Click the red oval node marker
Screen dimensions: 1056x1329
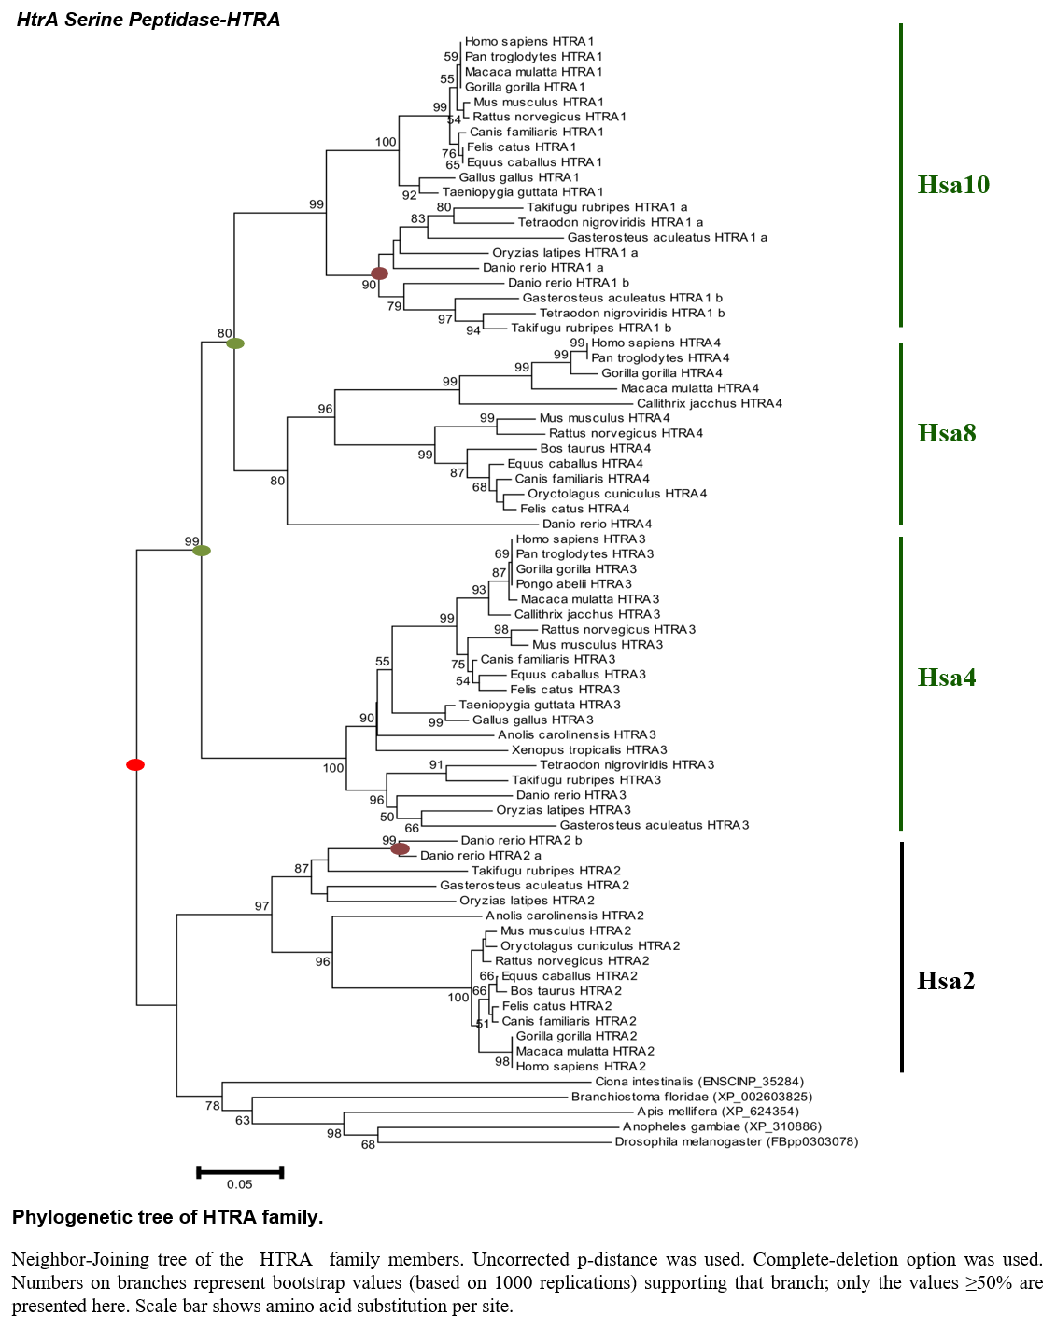click(135, 764)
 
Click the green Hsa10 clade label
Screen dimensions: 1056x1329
click(953, 185)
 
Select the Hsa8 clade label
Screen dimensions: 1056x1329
click(947, 433)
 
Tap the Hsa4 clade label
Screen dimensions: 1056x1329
click(947, 678)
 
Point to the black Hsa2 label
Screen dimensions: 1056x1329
click(946, 981)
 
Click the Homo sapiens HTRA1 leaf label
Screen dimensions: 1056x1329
click(528, 41)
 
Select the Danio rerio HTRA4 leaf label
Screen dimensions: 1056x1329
click(597, 524)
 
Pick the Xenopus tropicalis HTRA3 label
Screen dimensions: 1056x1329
click(589, 749)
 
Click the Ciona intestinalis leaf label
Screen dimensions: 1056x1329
click(699, 1082)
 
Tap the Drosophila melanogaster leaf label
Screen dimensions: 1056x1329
click(737, 1141)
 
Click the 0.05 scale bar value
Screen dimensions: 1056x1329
click(239, 1183)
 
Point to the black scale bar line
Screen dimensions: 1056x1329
click(240, 1171)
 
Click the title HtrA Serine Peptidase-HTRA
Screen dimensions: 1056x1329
click(148, 20)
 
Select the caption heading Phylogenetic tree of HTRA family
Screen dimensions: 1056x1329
click(167, 1217)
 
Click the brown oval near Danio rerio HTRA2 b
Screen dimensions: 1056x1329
click(400, 848)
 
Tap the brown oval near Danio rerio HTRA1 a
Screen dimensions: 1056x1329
click(379, 273)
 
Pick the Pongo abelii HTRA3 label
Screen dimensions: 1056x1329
click(574, 583)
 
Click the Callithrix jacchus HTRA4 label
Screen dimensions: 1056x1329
click(710, 403)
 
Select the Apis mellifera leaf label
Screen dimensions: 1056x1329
click(718, 1111)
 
